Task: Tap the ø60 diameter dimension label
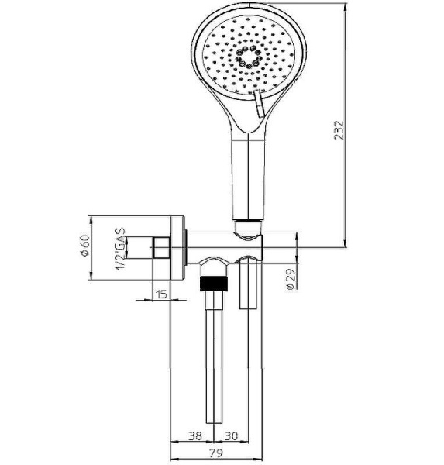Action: coord(84,247)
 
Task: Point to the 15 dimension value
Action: coord(160,295)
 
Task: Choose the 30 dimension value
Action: coord(231,436)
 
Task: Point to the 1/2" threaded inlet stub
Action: coord(160,248)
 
